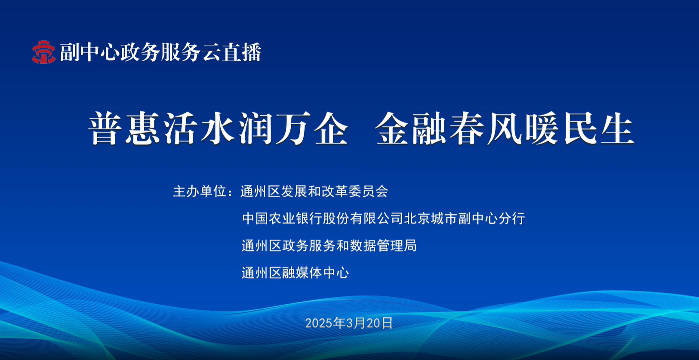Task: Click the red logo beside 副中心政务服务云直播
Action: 44,52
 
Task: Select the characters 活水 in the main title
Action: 200,129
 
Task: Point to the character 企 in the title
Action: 331,129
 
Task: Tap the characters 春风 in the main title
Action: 486,129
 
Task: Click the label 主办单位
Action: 200,191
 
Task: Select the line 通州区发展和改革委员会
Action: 314,191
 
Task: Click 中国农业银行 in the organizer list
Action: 283,218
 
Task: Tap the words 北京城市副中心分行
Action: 465,218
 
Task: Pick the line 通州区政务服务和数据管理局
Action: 329,246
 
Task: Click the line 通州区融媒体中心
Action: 295,273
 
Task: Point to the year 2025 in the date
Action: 319,323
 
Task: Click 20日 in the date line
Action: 379,323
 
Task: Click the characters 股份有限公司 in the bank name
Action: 363,218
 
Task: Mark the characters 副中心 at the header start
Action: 90,52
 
